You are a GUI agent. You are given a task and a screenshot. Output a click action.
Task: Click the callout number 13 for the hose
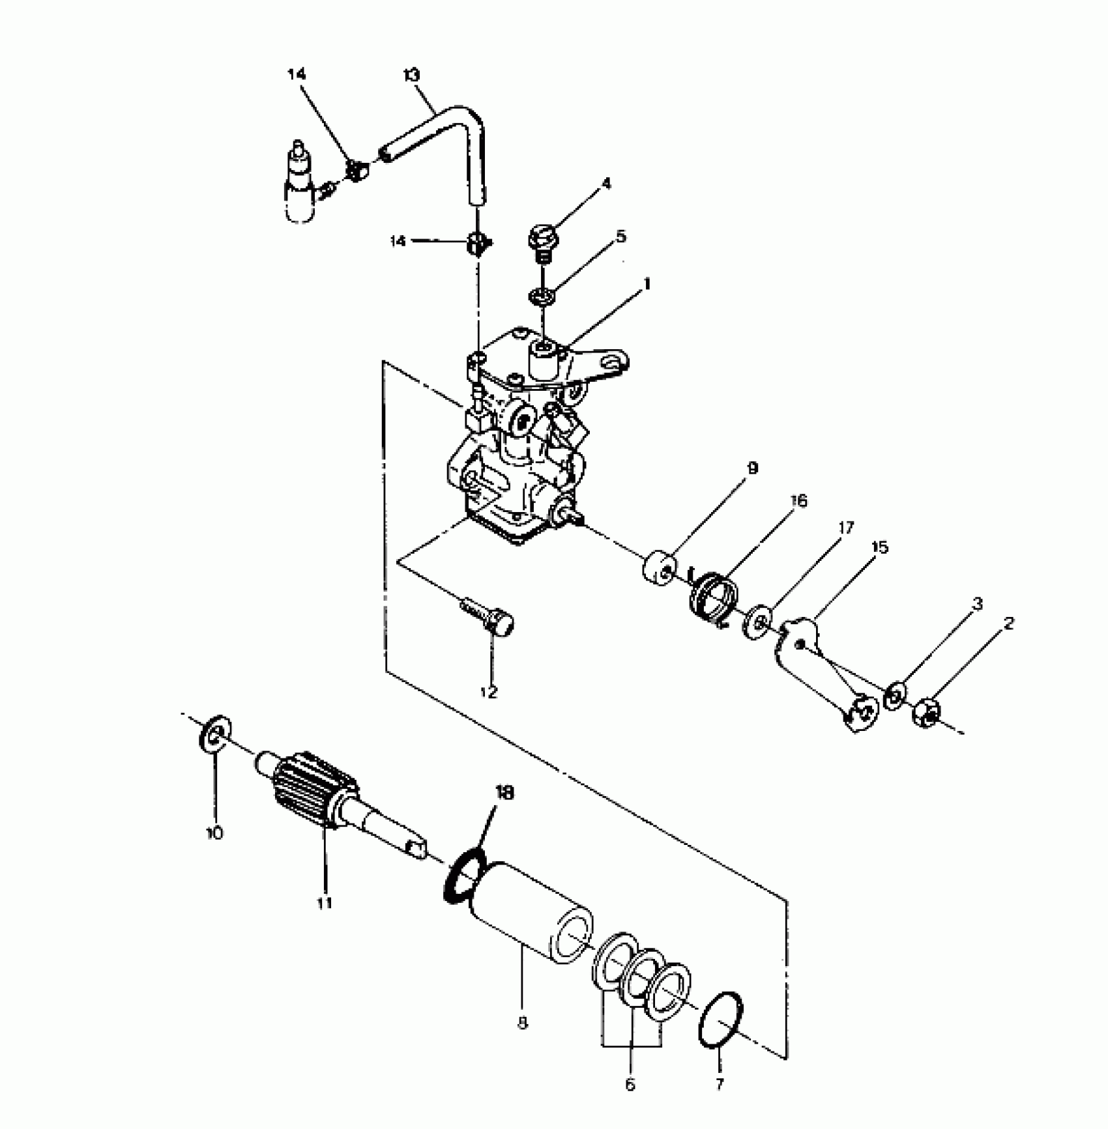pyautogui.click(x=412, y=74)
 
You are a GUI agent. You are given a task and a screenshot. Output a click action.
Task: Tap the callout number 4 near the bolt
pyautogui.click(x=607, y=184)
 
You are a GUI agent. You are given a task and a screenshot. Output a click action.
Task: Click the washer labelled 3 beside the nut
pyautogui.click(x=894, y=694)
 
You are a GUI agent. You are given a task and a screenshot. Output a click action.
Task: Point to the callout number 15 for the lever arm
pyautogui.click(x=879, y=547)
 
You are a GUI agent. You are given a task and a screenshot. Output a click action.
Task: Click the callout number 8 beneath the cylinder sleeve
pyautogui.click(x=521, y=1024)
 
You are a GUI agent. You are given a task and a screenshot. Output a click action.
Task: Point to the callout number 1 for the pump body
pyautogui.click(x=647, y=285)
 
